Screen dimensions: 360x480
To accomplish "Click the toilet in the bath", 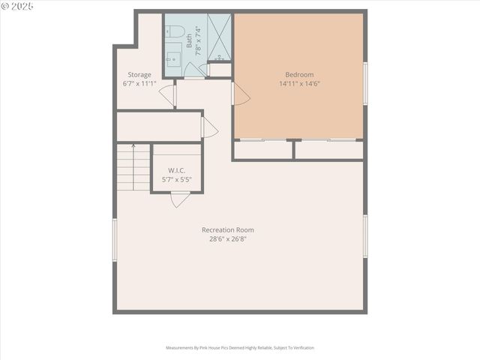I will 174,32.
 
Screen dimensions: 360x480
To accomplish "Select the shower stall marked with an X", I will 219,37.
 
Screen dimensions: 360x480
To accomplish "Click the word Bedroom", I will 299,74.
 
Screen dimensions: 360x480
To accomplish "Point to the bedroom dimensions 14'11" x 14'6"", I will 299,84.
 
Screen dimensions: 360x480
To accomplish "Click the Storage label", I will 139,74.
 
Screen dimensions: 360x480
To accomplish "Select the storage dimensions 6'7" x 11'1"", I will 139,84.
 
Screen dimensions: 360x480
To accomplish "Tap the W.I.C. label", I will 177,170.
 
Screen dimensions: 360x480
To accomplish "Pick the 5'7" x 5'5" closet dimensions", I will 177,180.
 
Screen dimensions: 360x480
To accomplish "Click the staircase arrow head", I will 133,145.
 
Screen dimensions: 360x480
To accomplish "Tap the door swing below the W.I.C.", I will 180,199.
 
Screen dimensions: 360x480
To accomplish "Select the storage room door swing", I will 168,95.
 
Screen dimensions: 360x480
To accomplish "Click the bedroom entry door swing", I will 241,94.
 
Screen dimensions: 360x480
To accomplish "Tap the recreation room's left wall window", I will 115,239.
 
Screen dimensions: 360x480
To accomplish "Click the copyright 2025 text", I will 17,6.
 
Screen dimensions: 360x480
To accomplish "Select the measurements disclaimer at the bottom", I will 240,348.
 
